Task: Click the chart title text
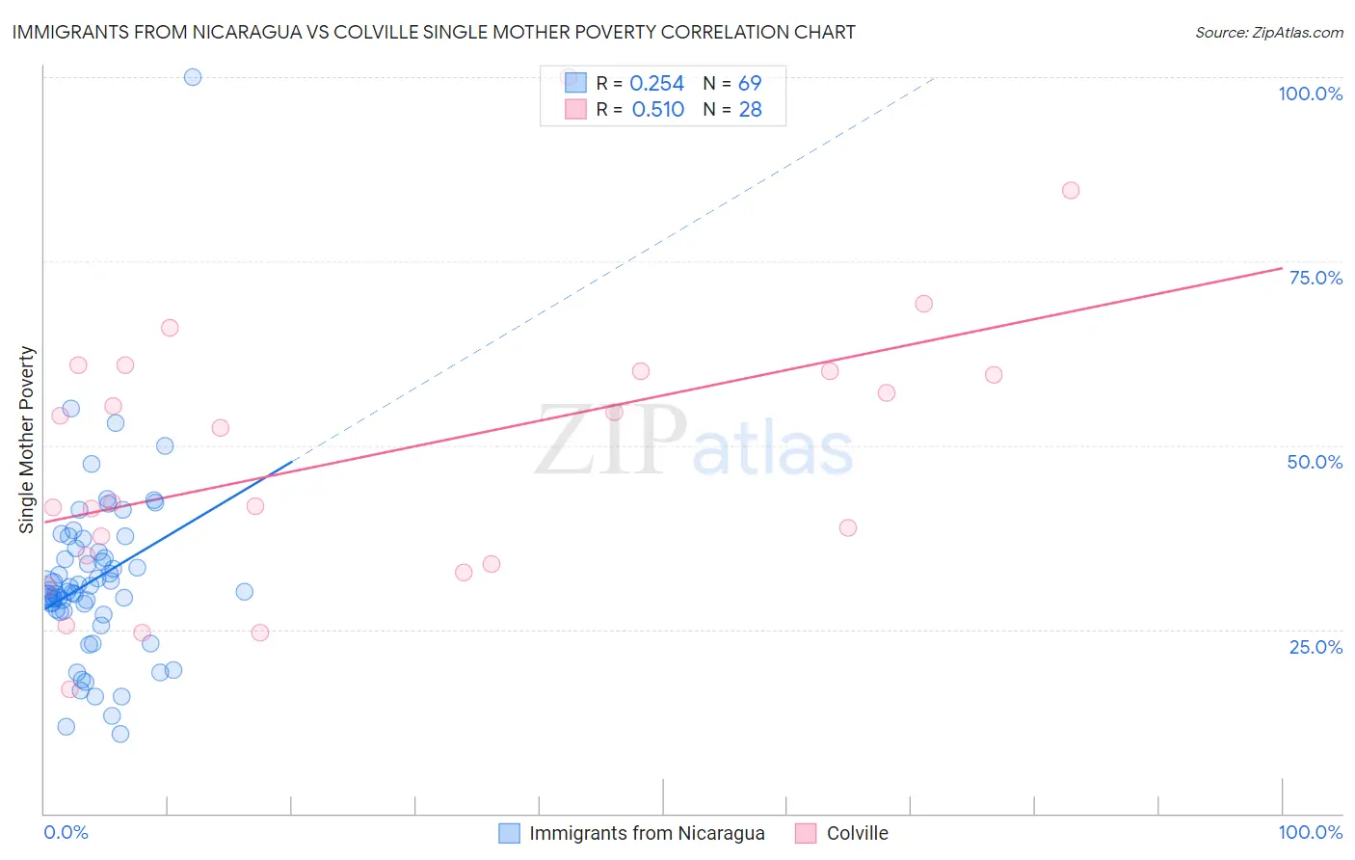click(x=434, y=32)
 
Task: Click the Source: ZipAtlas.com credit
click(x=1268, y=32)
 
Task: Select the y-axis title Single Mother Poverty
click(x=27, y=440)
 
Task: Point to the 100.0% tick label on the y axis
click(x=1310, y=94)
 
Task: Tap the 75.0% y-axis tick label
click(x=1315, y=278)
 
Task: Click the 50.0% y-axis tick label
click(x=1315, y=462)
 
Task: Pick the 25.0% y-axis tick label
click(x=1315, y=647)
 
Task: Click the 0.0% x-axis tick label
click(x=66, y=832)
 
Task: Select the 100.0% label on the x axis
click(x=1310, y=832)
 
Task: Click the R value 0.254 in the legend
click(x=656, y=84)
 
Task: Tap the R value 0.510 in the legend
click(x=657, y=110)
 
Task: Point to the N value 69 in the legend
click(x=750, y=84)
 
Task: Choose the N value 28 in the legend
click(x=750, y=110)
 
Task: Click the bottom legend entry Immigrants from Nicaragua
click(x=646, y=833)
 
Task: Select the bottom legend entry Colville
click(x=857, y=833)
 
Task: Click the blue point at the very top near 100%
click(x=193, y=77)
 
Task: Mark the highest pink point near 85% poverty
click(x=1071, y=190)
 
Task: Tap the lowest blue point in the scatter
click(x=120, y=734)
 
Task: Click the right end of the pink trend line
click(x=1282, y=268)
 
